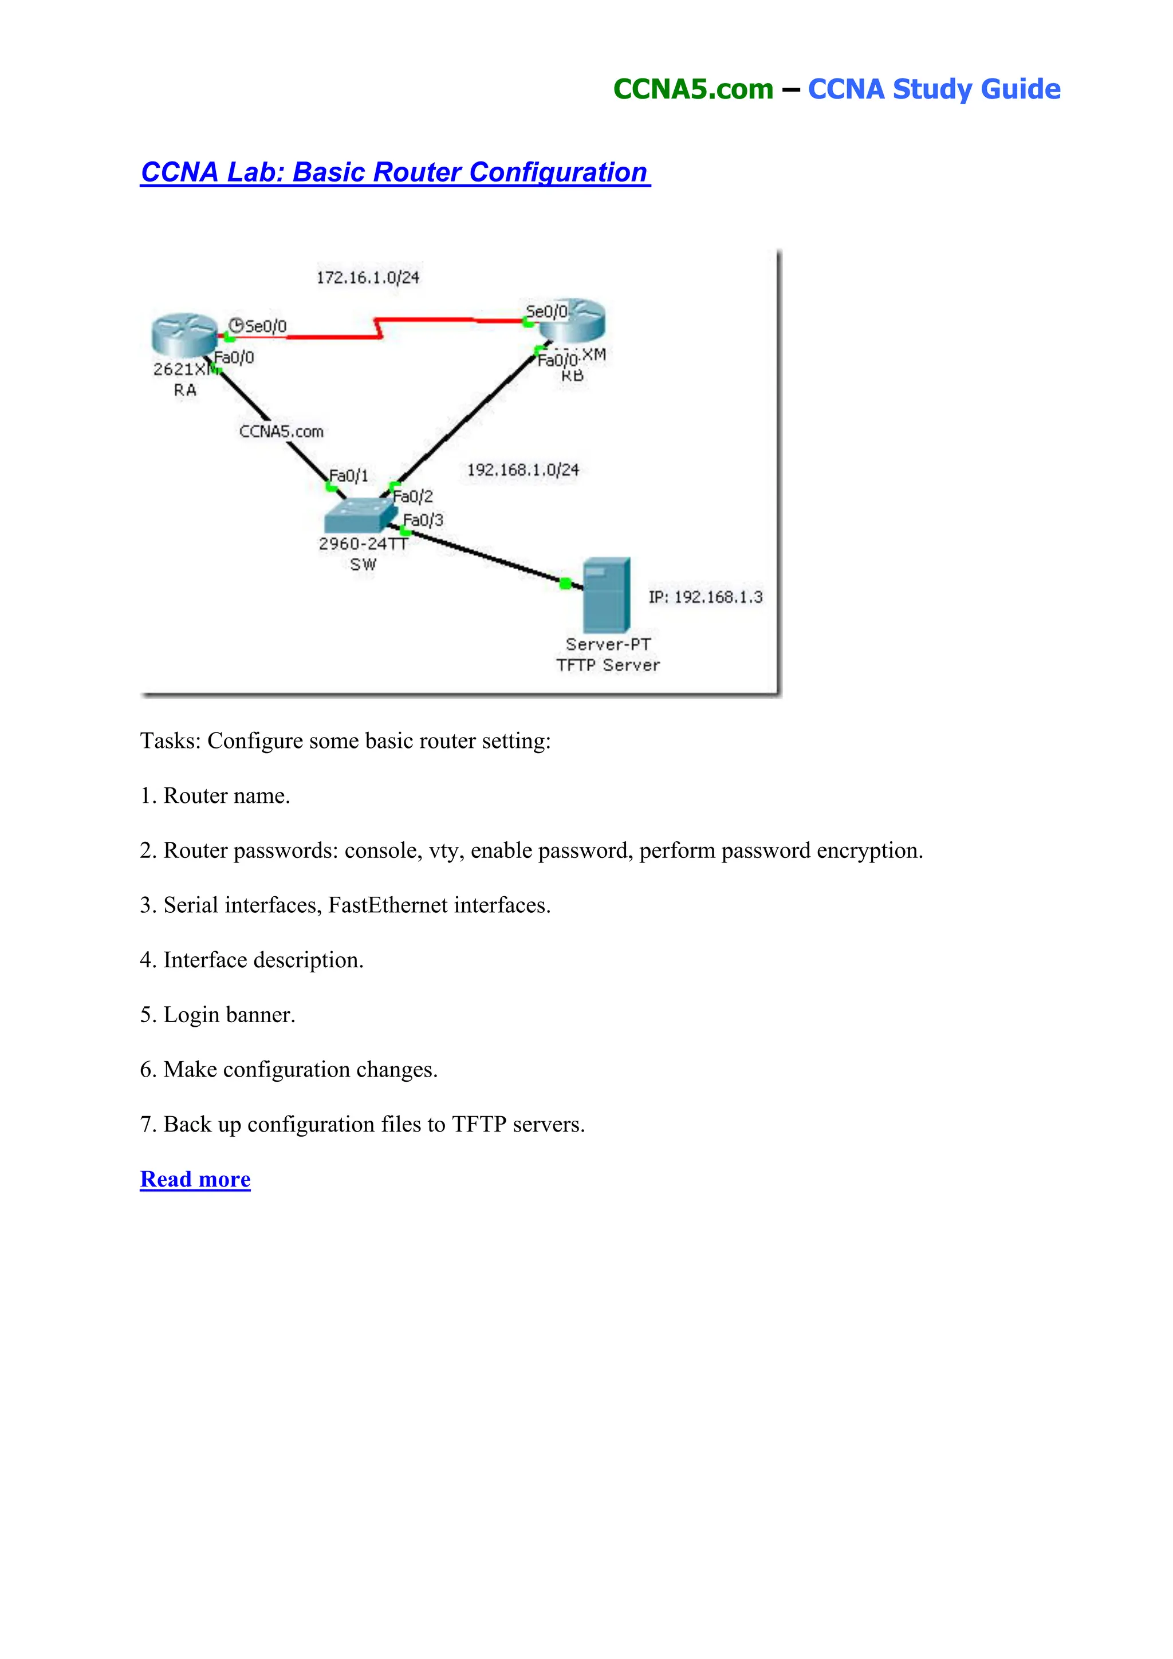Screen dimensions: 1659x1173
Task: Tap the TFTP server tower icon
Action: (x=607, y=594)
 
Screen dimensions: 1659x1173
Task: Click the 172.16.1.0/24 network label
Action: (x=368, y=278)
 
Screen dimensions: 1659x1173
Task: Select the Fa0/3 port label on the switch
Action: (x=423, y=520)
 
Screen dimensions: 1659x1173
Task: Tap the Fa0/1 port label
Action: (x=348, y=475)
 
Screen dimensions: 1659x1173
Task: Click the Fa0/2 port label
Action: (x=413, y=496)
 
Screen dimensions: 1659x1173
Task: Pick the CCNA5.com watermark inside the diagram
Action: (x=281, y=431)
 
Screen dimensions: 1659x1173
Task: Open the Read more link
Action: (x=195, y=1179)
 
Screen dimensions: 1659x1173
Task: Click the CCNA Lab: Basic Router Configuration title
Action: (x=395, y=172)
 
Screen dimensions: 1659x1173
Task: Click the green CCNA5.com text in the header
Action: (x=693, y=89)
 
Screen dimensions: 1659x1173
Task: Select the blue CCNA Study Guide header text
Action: (x=934, y=89)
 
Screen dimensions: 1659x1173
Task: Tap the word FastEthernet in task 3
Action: (x=388, y=905)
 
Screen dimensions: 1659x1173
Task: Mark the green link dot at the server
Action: (x=565, y=583)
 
